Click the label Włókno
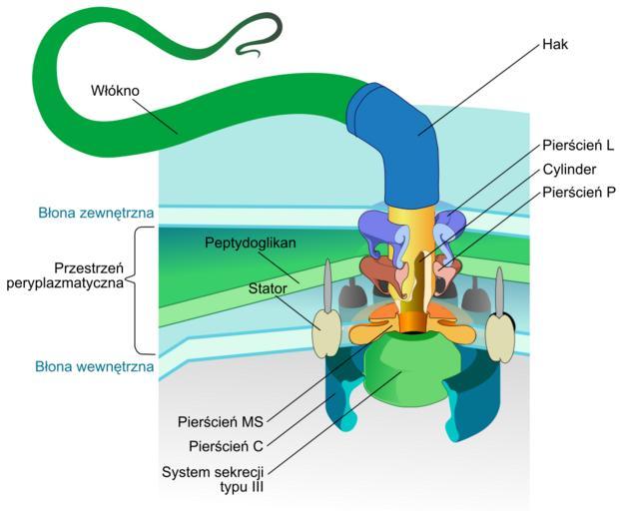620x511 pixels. [x=115, y=91]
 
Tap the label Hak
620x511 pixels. [x=555, y=44]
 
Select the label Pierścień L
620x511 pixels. [x=578, y=145]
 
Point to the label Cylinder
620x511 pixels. [x=569, y=169]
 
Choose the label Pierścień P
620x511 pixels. [x=579, y=193]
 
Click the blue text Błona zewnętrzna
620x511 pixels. [x=96, y=213]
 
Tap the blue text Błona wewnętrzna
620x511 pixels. [x=95, y=366]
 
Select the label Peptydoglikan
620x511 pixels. [x=251, y=243]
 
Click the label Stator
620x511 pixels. [x=268, y=288]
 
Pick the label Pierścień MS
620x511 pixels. [x=221, y=422]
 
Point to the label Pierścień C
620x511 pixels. [x=226, y=446]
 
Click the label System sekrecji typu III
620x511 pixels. [x=213, y=479]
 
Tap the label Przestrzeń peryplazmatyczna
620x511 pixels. [x=65, y=275]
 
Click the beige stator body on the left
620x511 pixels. [x=326, y=334]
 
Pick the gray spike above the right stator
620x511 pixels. [x=499, y=291]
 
